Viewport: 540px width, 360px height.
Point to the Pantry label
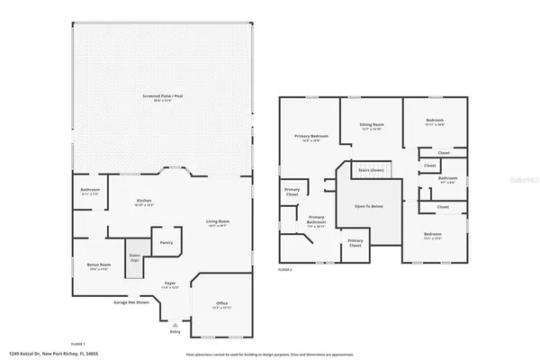click(x=166, y=242)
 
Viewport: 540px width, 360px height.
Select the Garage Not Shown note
click(x=131, y=301)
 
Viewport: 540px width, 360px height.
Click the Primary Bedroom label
click(x=311, y=137)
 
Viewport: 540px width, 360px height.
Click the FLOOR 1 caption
click(x=77, y=343)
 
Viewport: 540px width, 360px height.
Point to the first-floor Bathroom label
click(x=89, y=189)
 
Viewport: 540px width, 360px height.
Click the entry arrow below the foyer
click(x=175, y=323)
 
